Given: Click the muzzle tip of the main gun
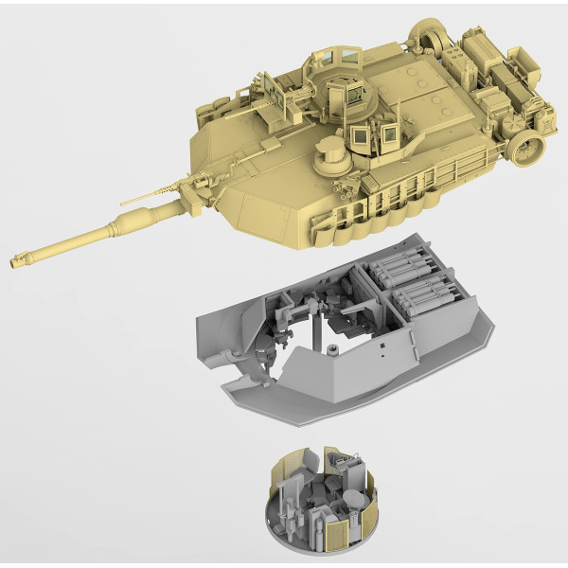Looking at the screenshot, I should click(x=14, y=259).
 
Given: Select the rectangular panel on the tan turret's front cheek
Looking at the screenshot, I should click(x=257, y=208).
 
